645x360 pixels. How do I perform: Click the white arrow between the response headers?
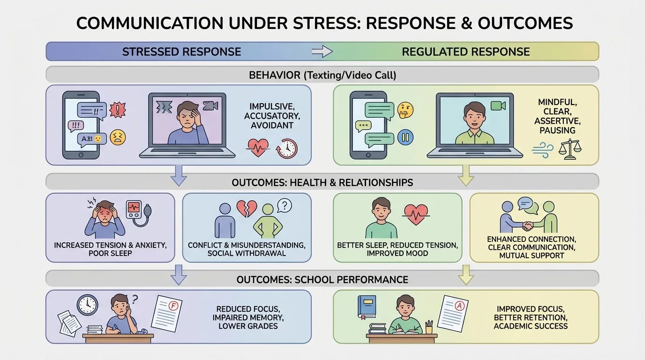(x=322, y=52)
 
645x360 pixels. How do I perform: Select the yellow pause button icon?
(x=405, y=137)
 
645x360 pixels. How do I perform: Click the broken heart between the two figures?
(x=247, y=209)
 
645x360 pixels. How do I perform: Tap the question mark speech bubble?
(x=285, y=205)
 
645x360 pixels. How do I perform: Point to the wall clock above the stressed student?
(x=87, y=305)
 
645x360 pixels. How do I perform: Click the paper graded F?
(x=166, y=313)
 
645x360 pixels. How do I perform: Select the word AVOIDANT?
(x=272, y=125)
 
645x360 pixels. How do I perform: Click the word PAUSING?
(x=558, y=130)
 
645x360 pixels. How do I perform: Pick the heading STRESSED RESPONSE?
(x=181, y=52)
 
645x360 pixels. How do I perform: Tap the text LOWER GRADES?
(x=248, y=326)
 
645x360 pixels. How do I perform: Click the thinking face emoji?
(x=405, y=111)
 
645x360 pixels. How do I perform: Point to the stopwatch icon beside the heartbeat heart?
(x=287, y=149)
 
